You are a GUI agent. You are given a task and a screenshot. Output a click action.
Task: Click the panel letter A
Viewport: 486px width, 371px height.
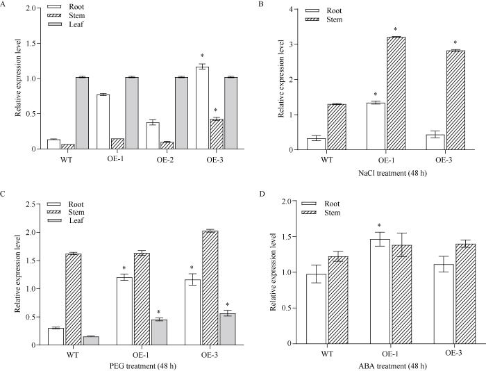tap(5, 6)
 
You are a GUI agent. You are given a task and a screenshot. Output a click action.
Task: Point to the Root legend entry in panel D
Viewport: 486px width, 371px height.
tap(326, 204)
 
